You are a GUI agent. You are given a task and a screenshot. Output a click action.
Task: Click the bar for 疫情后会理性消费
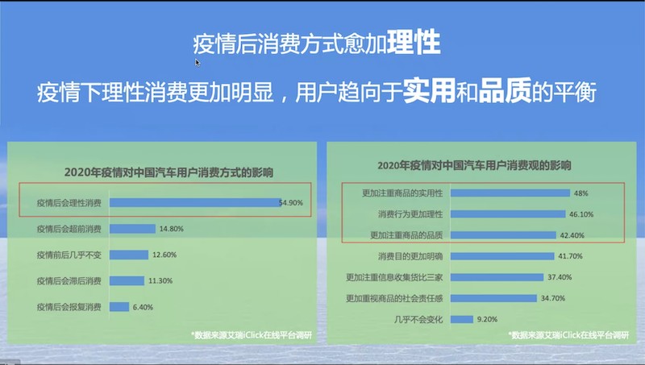coord(195,202)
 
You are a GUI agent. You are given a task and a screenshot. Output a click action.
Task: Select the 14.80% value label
coord(171,229)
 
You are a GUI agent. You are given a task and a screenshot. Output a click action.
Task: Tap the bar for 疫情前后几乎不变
coord(129,255)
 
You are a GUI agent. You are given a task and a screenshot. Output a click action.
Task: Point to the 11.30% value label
coord(160,280)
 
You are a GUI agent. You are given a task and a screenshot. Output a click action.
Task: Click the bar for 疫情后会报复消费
coord(119,307)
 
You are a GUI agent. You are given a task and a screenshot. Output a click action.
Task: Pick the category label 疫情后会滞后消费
coord(69,280)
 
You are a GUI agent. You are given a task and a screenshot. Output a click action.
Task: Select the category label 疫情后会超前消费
coord(69,229)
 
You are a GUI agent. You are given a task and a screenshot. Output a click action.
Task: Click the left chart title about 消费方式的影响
coord(169,172)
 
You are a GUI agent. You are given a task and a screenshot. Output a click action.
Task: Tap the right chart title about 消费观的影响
coord(474,165)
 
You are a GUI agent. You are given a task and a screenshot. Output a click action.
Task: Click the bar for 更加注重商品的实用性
coord(510,193)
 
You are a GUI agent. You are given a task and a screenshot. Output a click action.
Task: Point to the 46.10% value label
coord(581,214)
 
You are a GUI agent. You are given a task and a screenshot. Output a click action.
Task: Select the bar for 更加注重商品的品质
coord(503,235)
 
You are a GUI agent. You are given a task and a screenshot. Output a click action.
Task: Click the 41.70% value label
coord(570,256)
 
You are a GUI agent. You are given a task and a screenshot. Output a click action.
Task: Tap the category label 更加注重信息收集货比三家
coord(394,277)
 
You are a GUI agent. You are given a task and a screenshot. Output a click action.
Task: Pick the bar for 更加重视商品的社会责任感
coord(493,298)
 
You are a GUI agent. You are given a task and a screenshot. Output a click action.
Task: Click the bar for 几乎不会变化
coord(461,319)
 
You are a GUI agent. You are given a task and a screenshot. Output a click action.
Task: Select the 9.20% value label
coord(487,319)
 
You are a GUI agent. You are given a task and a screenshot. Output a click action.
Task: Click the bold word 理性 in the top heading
coord(414,42)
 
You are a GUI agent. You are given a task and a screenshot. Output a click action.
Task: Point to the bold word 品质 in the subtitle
coord(506,90)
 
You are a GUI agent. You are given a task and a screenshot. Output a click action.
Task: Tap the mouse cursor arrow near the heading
coord(198,63)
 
